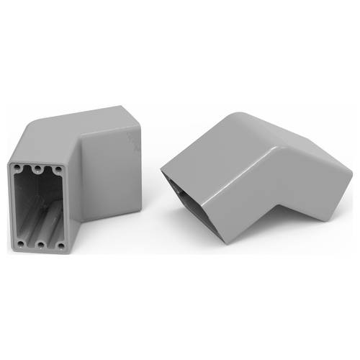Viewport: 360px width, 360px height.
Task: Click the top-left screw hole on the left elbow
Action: pos(15,166)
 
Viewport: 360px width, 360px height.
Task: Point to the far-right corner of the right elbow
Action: pos(351,173)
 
